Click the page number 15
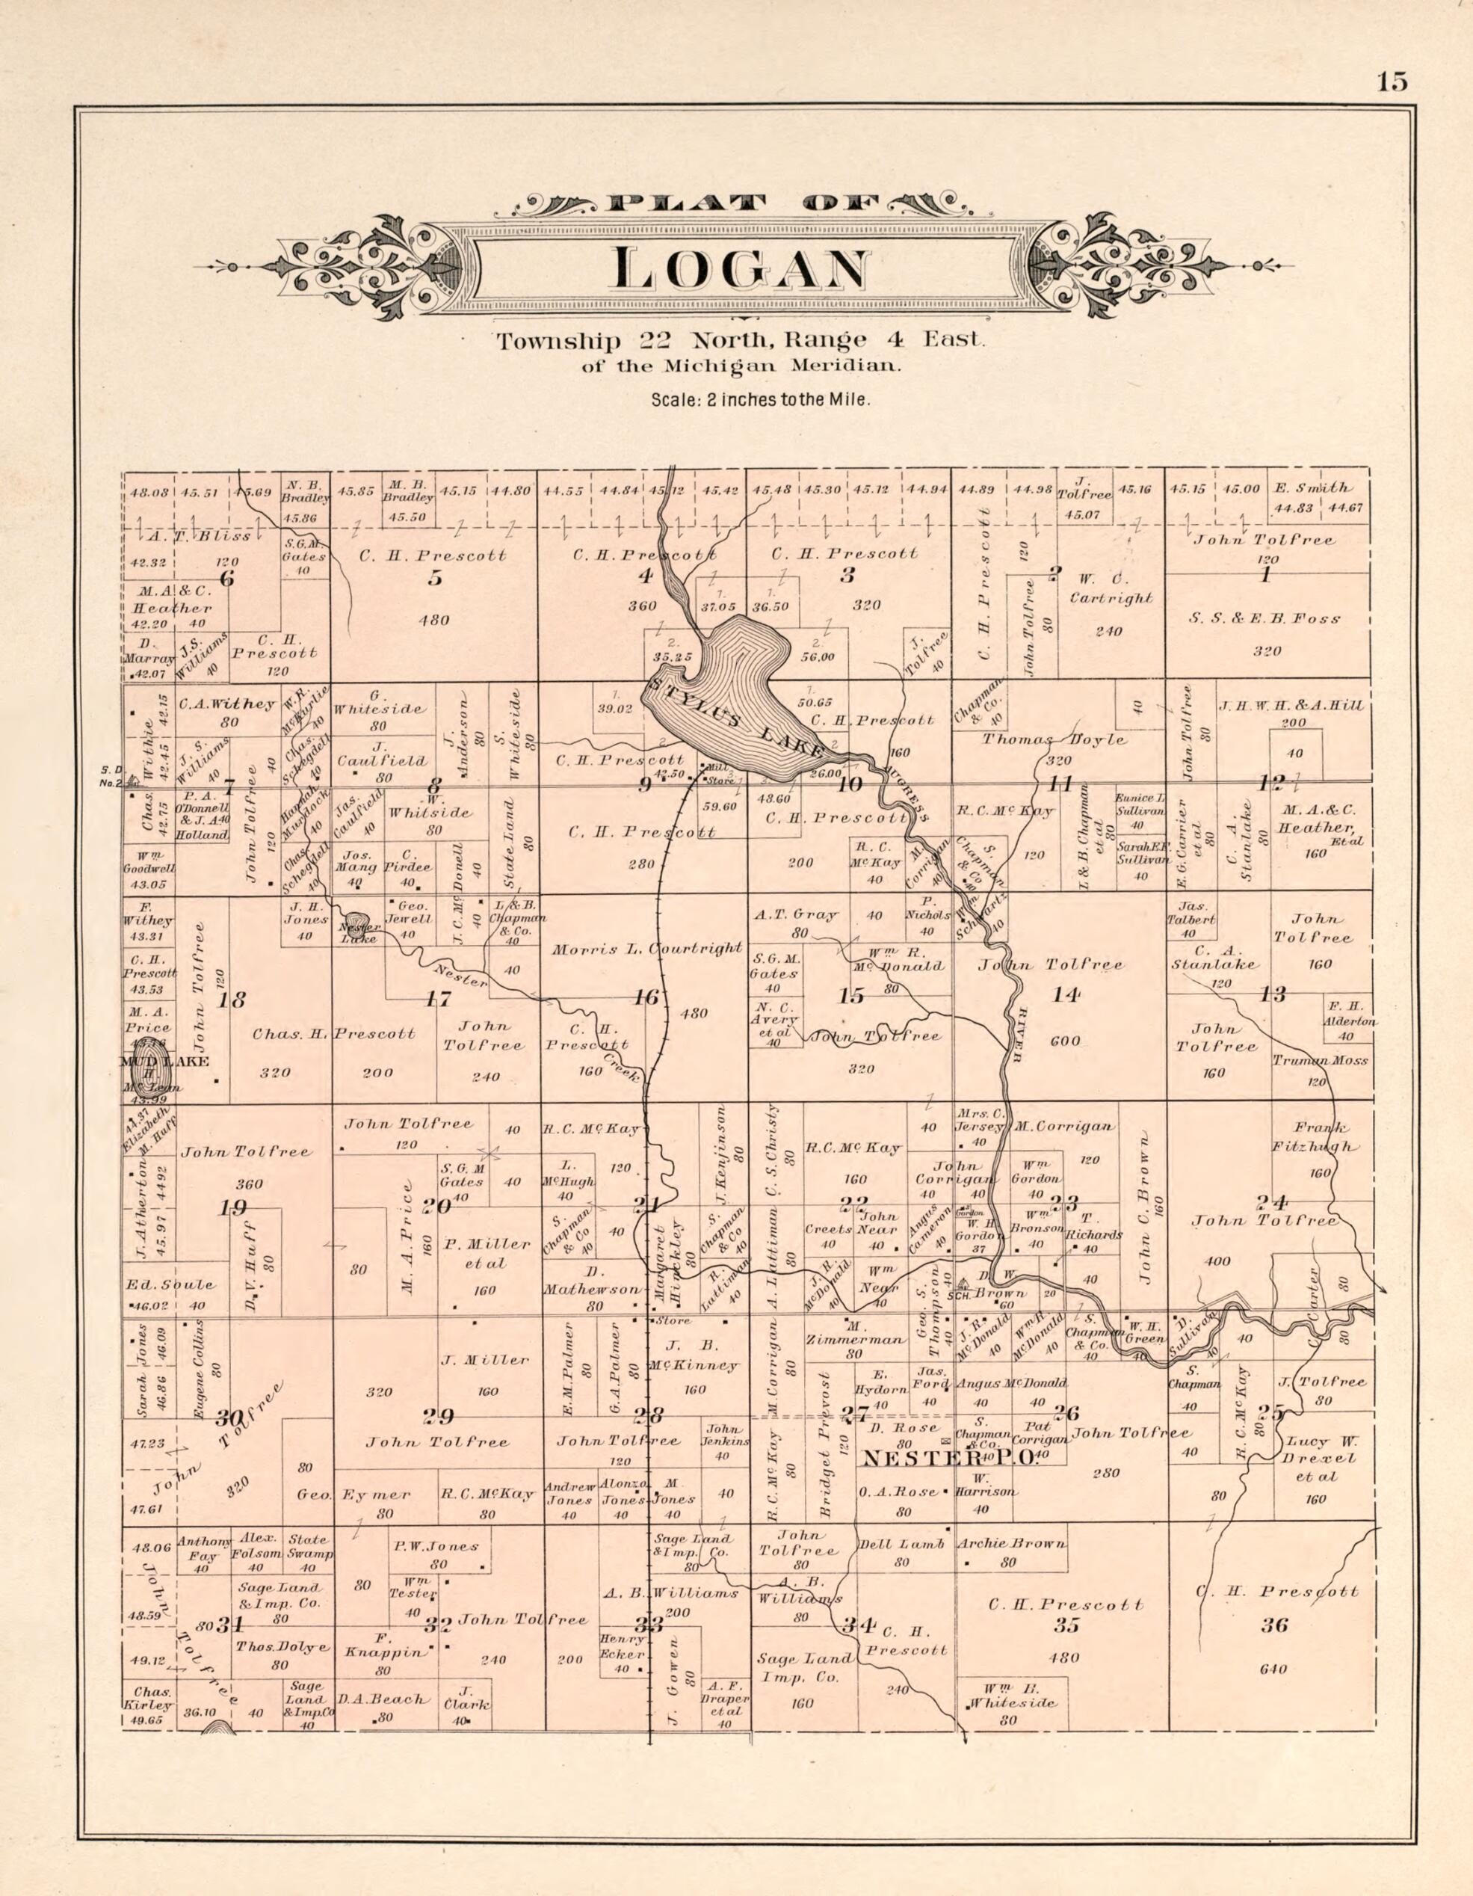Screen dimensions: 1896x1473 pos(1391,81)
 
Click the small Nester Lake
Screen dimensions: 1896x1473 pos(356,922)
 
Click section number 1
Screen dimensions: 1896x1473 pos(1264,575)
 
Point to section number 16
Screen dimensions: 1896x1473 pos(646,997)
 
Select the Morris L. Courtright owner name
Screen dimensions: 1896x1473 pos(647,949)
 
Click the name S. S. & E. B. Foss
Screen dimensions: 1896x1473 pos(1267,619)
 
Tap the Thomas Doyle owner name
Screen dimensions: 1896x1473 pos(1054,739)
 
